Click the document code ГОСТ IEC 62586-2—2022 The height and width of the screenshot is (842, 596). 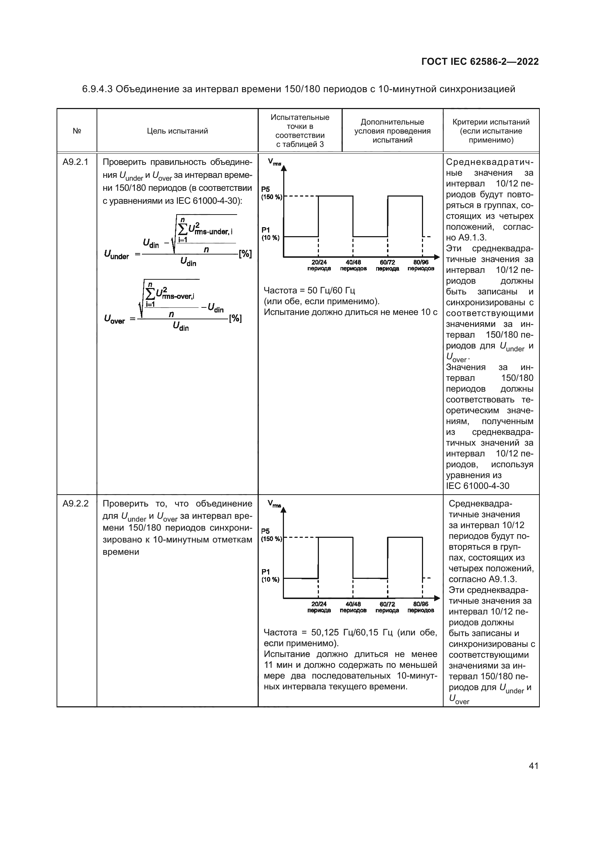tap(480, 62)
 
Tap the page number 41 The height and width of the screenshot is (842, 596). tap(533, 766)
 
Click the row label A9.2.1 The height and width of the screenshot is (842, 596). tap(76, 162)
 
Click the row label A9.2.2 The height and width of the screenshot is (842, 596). tap(76, 504)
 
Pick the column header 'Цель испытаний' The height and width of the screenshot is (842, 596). tap(177, 131)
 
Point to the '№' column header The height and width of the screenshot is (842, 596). tap(77, 131)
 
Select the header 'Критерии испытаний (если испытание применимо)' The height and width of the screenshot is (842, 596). tap(491, 131)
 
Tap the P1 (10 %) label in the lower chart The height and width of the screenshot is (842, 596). tap(270, 575)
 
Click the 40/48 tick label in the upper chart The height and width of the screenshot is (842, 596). tap(353, 265)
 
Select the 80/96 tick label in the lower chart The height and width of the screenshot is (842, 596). tap(421, 607)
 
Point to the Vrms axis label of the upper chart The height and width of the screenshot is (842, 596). tap(275, 162)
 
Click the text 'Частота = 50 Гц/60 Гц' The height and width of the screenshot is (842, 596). tap(310, 291)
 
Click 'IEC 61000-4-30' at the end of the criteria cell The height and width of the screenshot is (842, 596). tap(477, 486)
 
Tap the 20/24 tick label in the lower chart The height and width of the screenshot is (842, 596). tap(319, 607)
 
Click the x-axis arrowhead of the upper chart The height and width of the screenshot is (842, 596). tap(436, 257)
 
